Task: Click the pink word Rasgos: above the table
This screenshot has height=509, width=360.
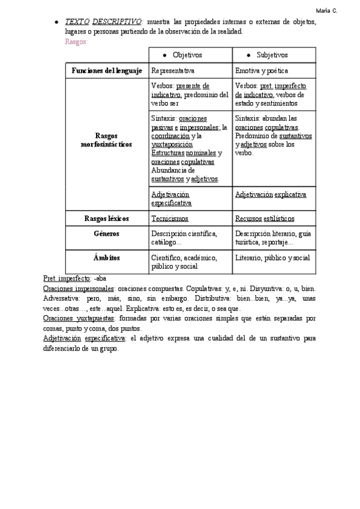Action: (x=76, y=41)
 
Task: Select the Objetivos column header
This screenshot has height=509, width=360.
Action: (x=187, y=55)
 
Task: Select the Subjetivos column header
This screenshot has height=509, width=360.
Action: (x=272, y=55)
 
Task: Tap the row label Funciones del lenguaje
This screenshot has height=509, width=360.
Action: (x=107, y=70)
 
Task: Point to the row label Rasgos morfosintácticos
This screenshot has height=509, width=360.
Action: (x=107, y=140)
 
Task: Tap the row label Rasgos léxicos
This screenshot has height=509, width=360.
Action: (x=107, y=218)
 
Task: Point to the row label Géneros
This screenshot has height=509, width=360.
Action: (x=107, y=233)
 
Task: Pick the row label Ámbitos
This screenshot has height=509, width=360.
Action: (x=107, y=258)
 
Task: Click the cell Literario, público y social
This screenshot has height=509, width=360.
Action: (x=272, y=258)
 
